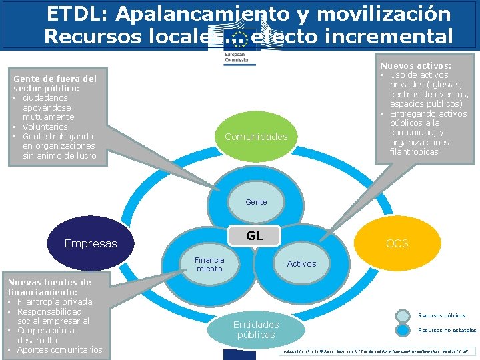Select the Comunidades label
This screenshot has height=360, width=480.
coord(256,137)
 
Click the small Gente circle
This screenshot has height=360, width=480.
coord(256,201)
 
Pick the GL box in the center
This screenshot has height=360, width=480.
coord(254,236)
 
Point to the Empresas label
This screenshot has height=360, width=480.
coord(90,243)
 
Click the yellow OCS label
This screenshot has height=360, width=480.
coord(397,243)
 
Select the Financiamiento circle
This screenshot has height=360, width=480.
coord(209,264)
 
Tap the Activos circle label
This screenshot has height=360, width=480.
coord(301,263)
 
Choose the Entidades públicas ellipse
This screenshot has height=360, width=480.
coord(256,329)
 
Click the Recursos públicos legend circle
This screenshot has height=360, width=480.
coord(403,316)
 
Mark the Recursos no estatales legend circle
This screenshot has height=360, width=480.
coord(403,330)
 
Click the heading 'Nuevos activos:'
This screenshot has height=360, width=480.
coord(415,66)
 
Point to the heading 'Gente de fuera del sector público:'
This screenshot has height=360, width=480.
coord(55,83)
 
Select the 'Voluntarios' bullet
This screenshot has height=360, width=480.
coord(45,127)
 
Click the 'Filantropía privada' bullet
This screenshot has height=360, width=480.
coord(55,302)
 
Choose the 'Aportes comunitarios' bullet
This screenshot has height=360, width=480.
coord(59,350)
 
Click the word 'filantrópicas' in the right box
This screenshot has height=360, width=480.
coord(414,152)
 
